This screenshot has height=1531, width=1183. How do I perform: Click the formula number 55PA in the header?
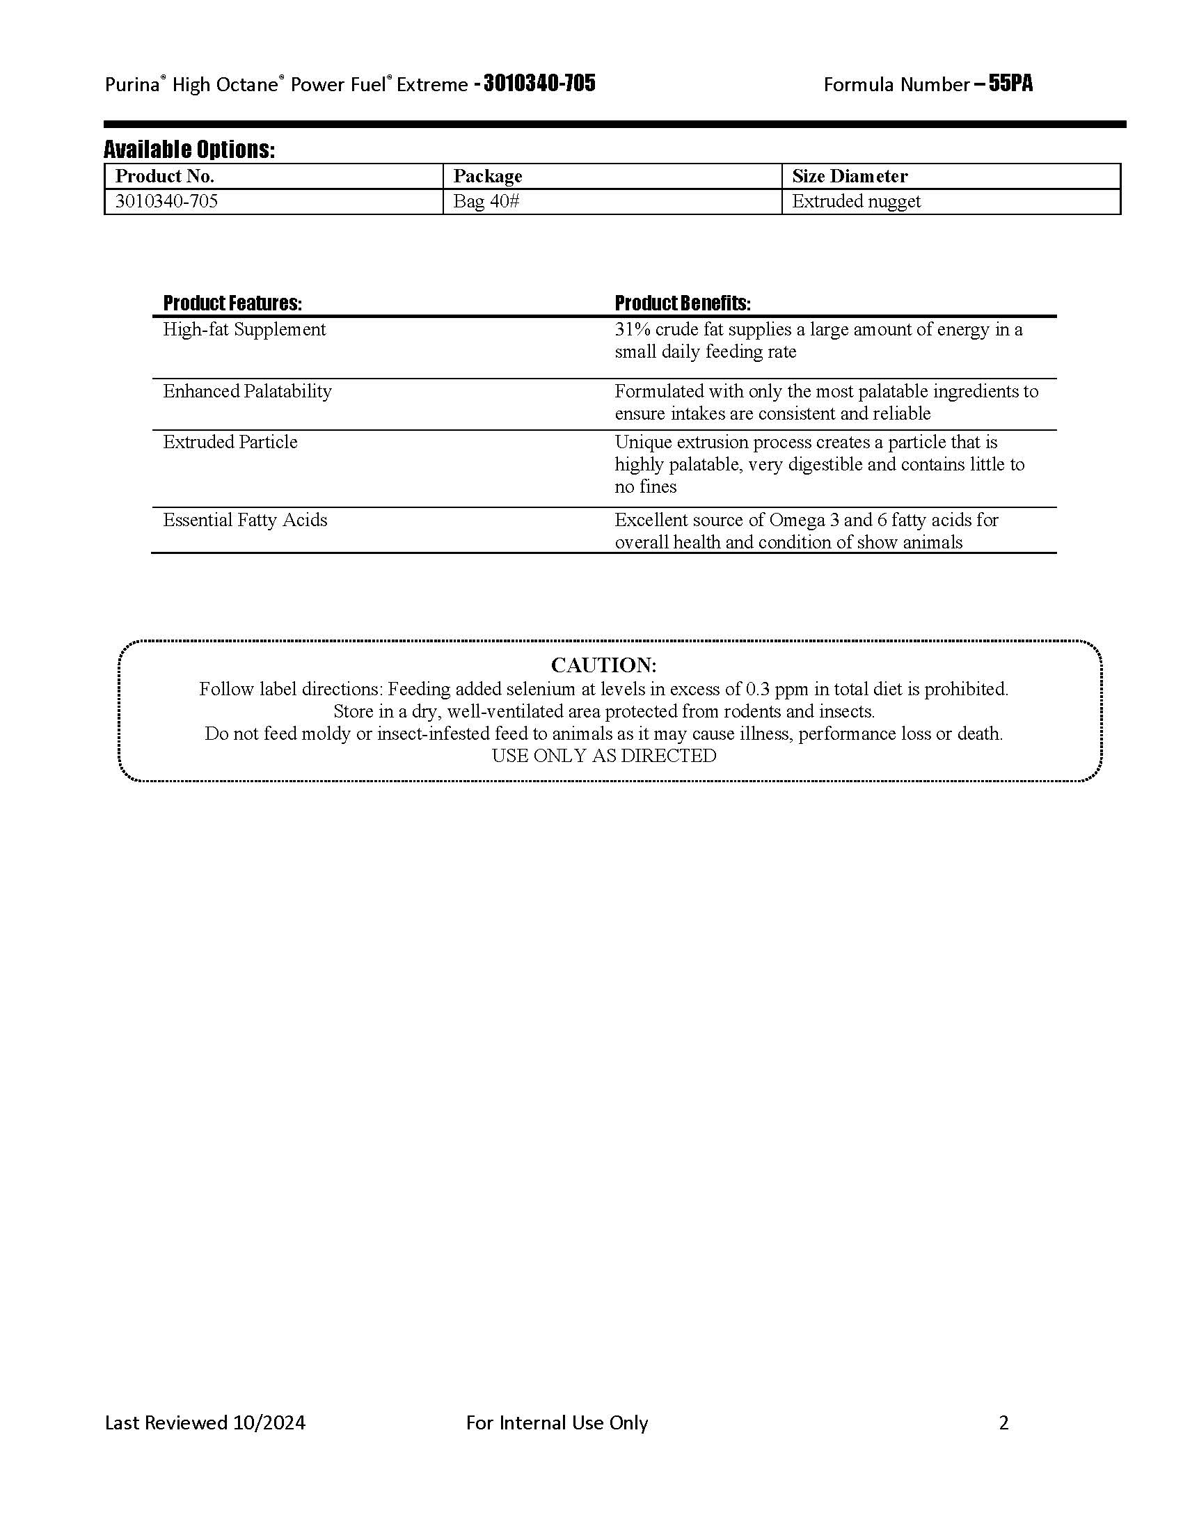(x=1010, y=84)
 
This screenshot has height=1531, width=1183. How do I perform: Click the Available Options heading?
(x=189, y=150)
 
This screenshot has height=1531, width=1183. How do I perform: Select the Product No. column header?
(x=165, y=176)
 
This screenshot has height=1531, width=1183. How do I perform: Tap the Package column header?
(x=488, y=176)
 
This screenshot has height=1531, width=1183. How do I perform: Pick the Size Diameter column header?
(x=850, y=176)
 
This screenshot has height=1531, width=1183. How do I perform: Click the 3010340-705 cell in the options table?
(x=167, y=201)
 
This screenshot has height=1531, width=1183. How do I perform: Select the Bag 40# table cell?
(x=486, y=201)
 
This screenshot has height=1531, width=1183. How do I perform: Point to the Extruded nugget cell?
(x=857, y=201)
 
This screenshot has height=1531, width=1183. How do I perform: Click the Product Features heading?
(x=232, y=303)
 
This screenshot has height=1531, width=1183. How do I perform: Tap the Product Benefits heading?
(x=683, y=303)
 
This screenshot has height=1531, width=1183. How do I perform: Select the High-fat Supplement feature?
(x=244, y=329)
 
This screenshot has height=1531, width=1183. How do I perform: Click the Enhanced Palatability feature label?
(x=248, y=391)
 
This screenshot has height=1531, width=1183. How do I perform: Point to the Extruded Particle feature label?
(x=230, y=443)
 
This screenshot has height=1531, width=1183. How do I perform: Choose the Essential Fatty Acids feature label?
(x=245, y=520)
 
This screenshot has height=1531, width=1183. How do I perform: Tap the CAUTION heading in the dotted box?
(x=603, y=665)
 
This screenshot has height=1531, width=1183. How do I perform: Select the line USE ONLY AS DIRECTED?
(x=603, y=756)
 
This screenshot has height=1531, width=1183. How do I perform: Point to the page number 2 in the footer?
(x=1003, y=1422)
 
